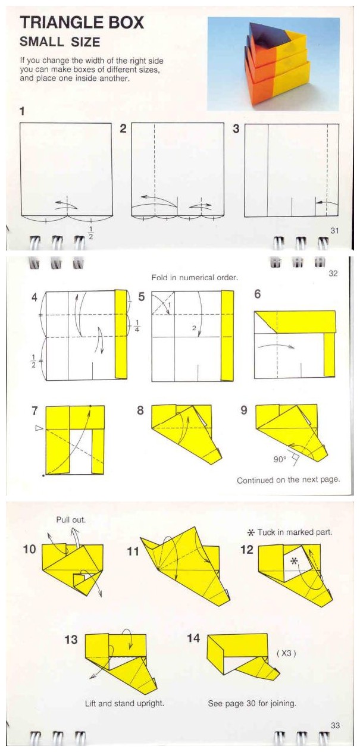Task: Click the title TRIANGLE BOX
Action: coord(82,23)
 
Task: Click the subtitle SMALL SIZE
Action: coord(60,42)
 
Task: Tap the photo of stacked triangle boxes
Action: coord(273,64)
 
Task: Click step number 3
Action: coord(236,129)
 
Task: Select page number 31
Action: coord(334,231)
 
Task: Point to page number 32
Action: coord(333,273)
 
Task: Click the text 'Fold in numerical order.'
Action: coord(195,278)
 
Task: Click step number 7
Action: coord(35,411)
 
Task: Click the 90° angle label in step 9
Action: coord(280,459)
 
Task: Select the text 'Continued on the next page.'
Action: coord(289,480)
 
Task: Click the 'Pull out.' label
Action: coord(71,520)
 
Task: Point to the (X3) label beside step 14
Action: coord(286,653)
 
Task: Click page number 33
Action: coord(335,725)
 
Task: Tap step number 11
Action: coord(133,552)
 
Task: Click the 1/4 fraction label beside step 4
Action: coord(137,325)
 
